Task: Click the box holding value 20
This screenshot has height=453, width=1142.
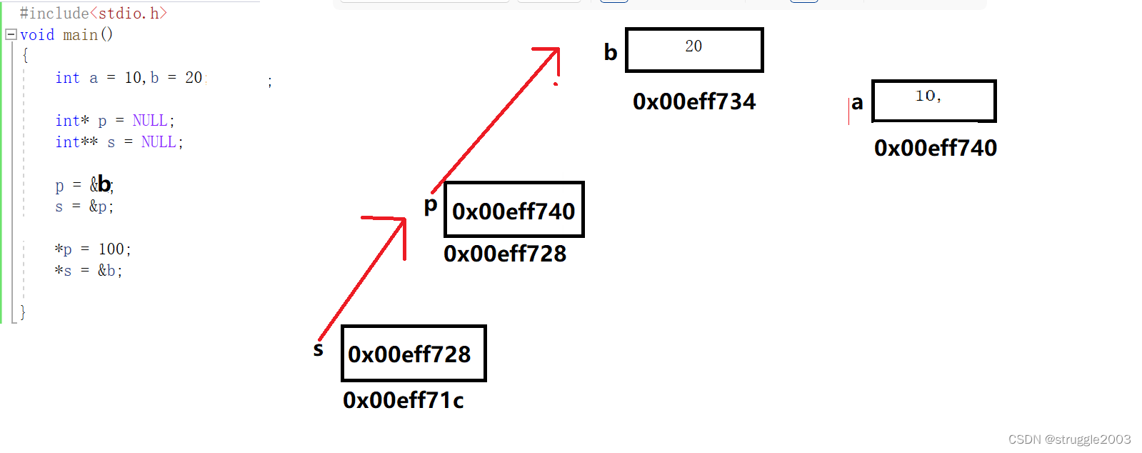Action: [694, 50]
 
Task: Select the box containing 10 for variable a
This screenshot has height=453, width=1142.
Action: [933, 101]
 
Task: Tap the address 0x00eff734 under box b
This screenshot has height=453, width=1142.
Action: [693, 102]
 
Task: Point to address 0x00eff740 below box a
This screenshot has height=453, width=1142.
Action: [935, 148]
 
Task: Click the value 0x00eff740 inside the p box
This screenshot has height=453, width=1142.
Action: [514, 211]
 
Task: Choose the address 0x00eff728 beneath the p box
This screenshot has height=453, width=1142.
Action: [504, 254]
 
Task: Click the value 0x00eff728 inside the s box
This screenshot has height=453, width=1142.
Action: [409, 354]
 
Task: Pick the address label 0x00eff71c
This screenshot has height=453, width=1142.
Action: [403, 400]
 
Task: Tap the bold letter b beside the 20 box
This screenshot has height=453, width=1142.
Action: [610, 52]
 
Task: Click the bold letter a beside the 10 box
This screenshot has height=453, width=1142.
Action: [857, 103]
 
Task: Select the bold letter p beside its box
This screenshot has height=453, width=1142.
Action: [430, 206]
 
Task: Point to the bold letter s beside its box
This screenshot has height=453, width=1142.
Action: [319, 349]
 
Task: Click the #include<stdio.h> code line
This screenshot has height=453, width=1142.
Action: [93, 14]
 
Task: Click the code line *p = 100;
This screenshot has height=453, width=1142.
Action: [93, 249]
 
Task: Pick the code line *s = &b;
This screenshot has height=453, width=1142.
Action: [89, 271]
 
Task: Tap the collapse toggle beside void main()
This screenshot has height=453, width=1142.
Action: [11, 34]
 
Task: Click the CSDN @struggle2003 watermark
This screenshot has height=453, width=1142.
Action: [1069, 439]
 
